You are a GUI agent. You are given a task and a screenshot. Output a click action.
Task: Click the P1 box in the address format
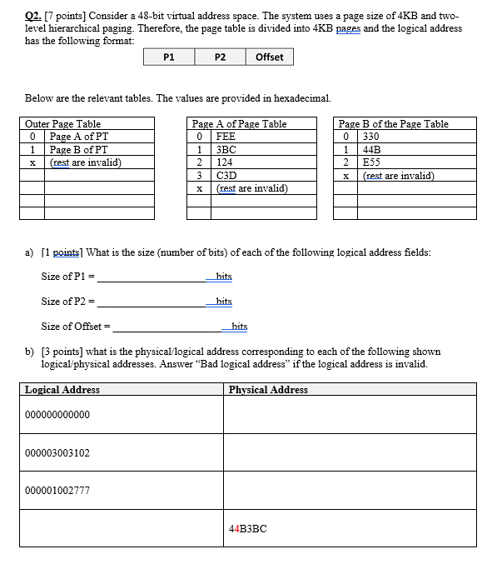click(x=169, y=57)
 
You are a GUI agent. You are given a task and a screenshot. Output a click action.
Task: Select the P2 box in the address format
click(x=219, y=57)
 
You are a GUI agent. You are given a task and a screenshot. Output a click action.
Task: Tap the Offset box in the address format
click(x=269, y=57)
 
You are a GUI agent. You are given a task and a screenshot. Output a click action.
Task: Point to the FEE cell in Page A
click(x=226, y=137)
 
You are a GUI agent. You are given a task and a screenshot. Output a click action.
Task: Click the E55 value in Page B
click(x=370, y=162)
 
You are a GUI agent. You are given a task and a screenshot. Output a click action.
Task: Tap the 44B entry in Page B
click(x=370, y=150)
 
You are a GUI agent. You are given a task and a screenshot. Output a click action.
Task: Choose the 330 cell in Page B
click(x=370, y=137)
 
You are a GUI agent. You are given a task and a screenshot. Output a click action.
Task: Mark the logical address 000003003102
click(x=57, y=453)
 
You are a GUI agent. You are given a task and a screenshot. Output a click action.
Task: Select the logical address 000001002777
click(x=57, y=491)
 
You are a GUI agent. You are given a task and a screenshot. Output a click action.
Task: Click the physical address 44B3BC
click(x=247, y=528)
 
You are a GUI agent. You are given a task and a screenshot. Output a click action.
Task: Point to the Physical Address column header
click(x=268, y=389)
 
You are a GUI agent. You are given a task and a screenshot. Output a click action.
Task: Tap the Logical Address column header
click(x=62, y=389)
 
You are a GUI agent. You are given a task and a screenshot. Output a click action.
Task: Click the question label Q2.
click(x=34, y=16)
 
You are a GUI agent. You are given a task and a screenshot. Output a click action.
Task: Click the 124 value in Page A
click(x=225, y=162)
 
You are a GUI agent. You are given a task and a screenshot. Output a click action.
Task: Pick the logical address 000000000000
click(x=57, y=415)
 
